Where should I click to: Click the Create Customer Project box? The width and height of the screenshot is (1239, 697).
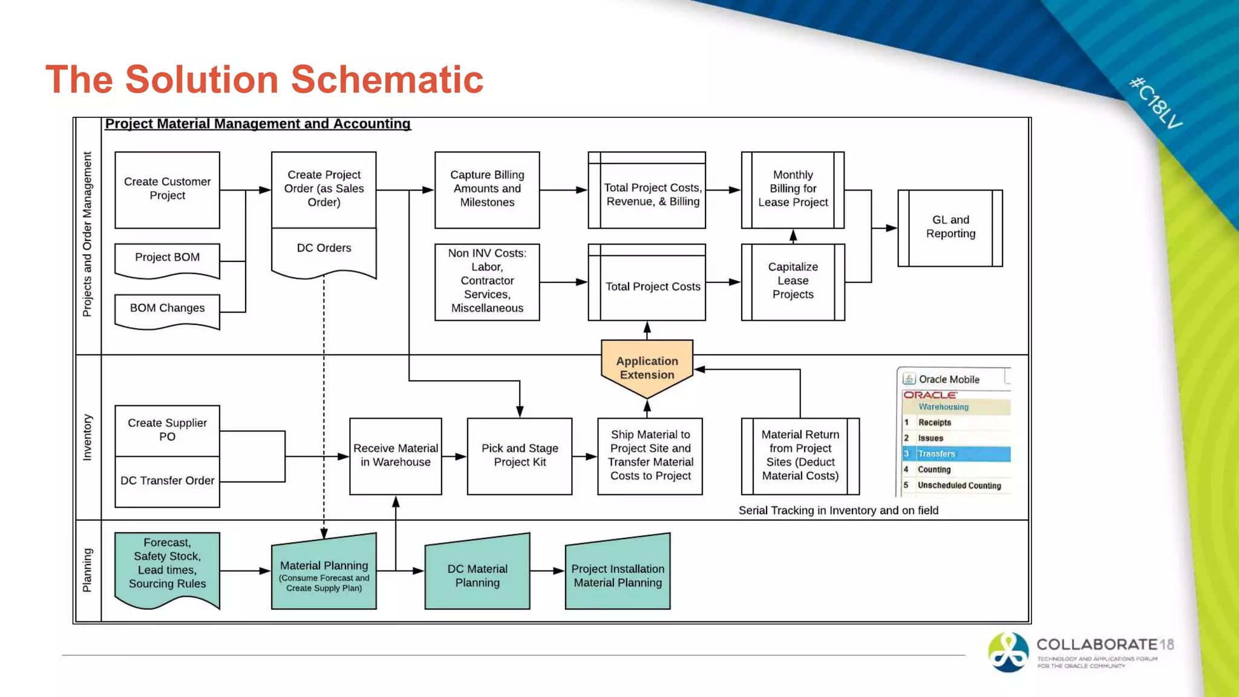click(x=167, y=189)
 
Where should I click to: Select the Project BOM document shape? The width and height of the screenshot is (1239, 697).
click(x=167, y=258)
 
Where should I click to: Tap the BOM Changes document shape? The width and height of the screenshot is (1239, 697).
click(x=167, y=309)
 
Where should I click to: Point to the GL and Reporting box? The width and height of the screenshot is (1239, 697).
click(x=950, y=227)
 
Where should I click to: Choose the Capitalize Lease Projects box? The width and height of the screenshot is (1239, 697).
click(x=793, y=281)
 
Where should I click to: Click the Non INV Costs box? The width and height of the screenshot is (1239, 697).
click(x=487, y=281)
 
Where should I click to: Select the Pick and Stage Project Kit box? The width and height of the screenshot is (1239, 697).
click(x=519, y=456)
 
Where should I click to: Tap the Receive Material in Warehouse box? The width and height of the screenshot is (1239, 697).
click(x=396, y=456)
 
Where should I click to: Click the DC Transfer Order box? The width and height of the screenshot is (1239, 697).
click(x=167, y=481)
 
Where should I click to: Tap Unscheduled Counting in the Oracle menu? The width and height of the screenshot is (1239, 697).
click(x=959, y=485)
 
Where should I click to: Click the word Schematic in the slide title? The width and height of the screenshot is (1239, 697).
click(x=387, y=79)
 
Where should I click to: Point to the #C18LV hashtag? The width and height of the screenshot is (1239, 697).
click(x=1156, y=103)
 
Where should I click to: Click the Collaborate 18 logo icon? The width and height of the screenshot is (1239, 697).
click(x=1008, y=652)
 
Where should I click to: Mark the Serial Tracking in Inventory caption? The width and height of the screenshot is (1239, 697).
click(x=838, y=511)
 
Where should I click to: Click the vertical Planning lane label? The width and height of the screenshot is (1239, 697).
click(x=87, y=570)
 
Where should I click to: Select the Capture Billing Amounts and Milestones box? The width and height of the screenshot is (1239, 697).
click(x=487, y=189)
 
